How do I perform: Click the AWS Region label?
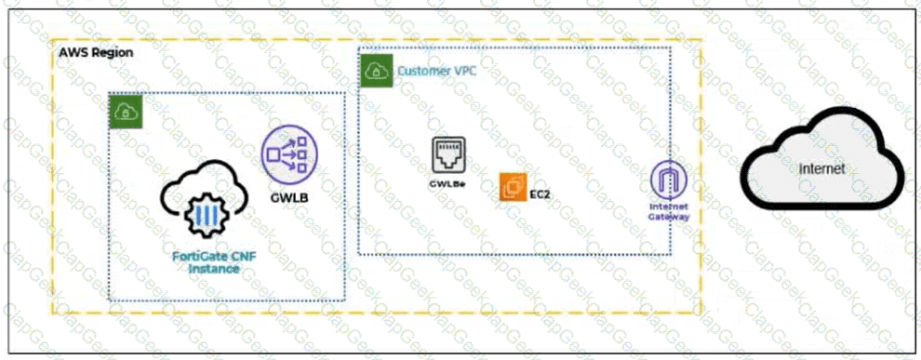(x=96, y=52)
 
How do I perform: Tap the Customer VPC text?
(x=437, y=71)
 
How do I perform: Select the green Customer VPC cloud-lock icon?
(x=377, y=71)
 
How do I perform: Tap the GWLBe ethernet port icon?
(x=448, y=154)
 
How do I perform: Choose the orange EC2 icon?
(x=513, y=187)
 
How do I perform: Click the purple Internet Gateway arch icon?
(x=669, y=179)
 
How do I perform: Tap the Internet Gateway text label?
(x=669, y=211)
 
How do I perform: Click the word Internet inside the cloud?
(x=821, y=169)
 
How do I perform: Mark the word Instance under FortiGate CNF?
(x=214, y=269)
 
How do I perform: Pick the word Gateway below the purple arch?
(x=669, y=216)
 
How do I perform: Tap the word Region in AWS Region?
(x=113, y=52)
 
